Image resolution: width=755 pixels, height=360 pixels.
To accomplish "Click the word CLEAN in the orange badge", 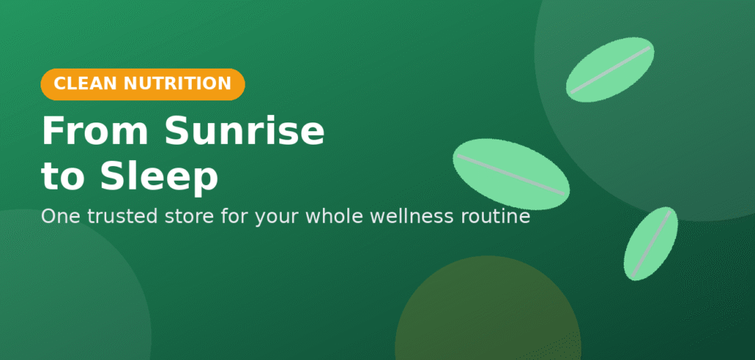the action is [86, 84].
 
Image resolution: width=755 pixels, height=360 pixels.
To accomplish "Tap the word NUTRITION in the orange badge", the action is [177, 84].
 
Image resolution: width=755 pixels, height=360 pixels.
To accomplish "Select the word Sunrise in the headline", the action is [245, 132].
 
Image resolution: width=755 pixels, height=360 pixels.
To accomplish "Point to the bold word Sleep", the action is [159, 177].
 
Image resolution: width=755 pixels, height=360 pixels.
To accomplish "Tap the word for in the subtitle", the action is [234, 216].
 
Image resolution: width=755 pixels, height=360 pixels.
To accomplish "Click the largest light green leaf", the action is [512, 174].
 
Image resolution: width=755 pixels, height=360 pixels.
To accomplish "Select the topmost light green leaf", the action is [610, 70].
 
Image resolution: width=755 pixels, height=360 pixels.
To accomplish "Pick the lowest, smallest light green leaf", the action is [650, 244].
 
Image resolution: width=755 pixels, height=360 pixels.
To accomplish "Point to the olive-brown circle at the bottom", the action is [488, 308].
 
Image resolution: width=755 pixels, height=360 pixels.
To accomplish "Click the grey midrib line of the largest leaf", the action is [511, 174].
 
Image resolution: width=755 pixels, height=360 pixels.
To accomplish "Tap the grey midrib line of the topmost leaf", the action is [610, 69].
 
